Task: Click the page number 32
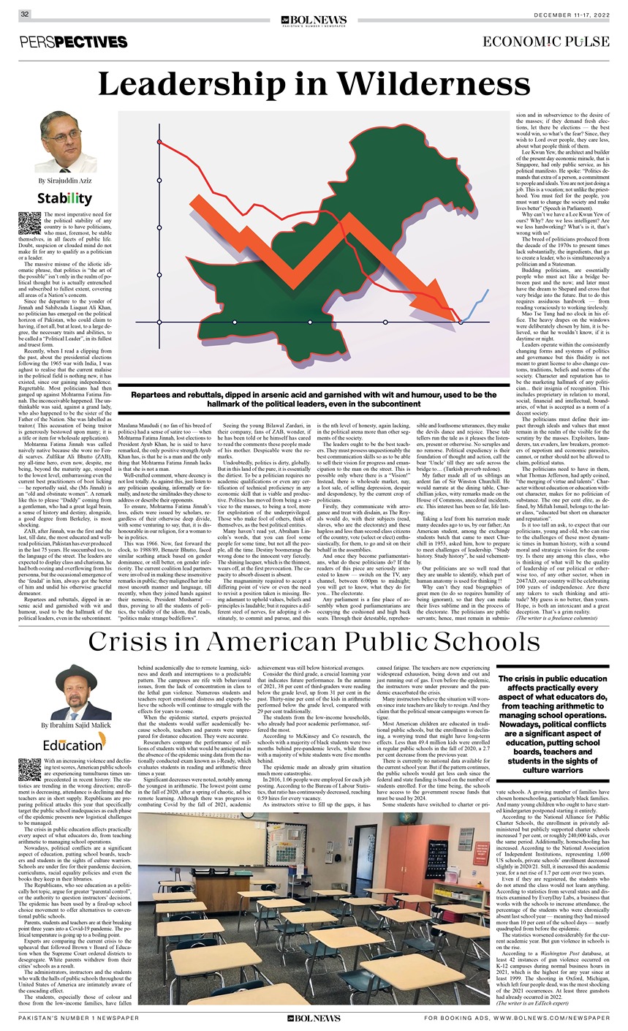point(24,14)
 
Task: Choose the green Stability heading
point(65,198)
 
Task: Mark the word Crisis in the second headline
point(143,641)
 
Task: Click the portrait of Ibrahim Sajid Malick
point(67,692)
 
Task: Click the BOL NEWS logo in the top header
point(313,21)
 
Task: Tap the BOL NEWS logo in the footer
point(313,1017)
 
